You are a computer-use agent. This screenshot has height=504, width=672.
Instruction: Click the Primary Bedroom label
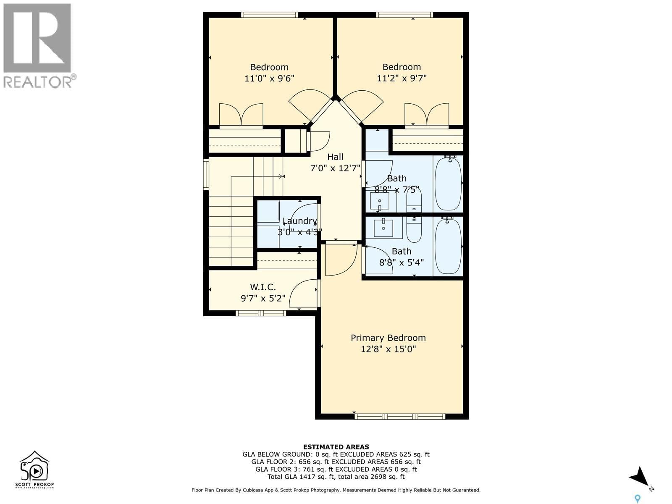388,338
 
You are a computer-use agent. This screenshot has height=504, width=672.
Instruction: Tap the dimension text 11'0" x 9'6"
269,78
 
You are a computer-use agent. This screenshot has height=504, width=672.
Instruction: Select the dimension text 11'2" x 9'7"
402,78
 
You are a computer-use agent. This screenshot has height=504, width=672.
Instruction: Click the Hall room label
335,157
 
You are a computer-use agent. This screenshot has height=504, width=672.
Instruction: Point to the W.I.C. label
263,287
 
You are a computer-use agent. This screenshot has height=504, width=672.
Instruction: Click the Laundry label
299,221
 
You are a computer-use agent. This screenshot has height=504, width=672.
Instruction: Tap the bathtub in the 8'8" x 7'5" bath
448,184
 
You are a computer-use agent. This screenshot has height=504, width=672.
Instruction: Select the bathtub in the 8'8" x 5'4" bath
448,246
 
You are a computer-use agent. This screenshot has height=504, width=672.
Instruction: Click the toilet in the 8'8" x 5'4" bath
414,229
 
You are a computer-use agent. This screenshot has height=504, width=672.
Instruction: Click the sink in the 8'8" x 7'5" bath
380,201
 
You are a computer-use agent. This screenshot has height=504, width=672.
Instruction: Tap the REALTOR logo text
40,81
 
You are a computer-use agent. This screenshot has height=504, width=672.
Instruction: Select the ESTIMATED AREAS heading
336,447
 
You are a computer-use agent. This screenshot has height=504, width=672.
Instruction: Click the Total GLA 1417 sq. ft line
336,477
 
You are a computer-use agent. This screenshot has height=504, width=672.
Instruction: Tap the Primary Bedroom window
400,416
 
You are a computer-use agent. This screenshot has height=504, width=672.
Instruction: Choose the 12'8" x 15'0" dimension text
388,349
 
